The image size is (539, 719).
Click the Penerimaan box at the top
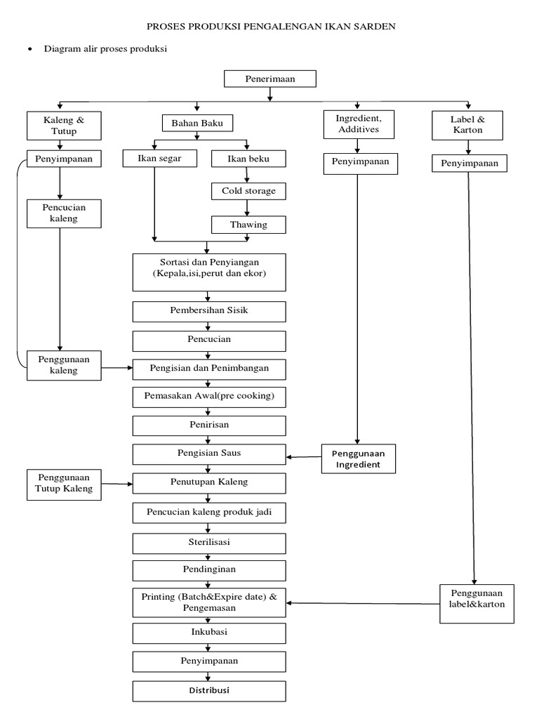click(x=269, y=79)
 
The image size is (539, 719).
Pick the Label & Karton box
click(x=467, y=125)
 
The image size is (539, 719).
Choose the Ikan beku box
click(x=249, y=159)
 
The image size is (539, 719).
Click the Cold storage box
click(x=249, y=191)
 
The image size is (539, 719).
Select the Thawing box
click(x=249, y=225)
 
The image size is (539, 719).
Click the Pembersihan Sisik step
click(x=209, y=310)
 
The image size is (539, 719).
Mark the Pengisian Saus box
click(x=209, y=454)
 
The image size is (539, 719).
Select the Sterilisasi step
click(x=209, y=543)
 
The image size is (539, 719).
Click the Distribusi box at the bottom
click(x=209, y=691)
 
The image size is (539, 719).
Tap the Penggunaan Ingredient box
click(x=359, y=459)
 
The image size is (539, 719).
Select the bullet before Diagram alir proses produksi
click(x=29, y=50)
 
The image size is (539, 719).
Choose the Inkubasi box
click(x=209, y=633)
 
